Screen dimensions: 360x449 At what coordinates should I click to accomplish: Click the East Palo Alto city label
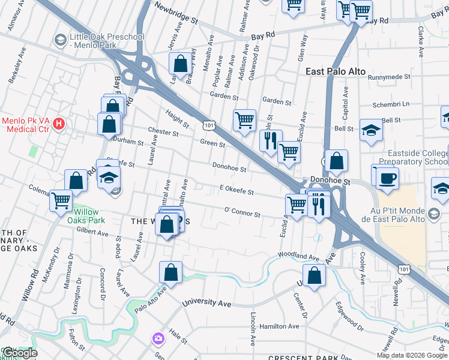pos(335,71)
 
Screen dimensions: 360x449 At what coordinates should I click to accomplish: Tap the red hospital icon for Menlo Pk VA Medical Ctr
pos(59,124)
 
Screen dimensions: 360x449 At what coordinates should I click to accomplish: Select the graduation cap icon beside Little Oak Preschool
pos(60,41)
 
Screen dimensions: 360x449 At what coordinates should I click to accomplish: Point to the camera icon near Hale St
pos(158,338)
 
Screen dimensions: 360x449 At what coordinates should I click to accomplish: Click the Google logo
pos(19,353)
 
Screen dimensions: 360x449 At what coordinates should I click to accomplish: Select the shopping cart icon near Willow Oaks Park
pos(61,200)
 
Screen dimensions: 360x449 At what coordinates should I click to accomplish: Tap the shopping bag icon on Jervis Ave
pos(180,63)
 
